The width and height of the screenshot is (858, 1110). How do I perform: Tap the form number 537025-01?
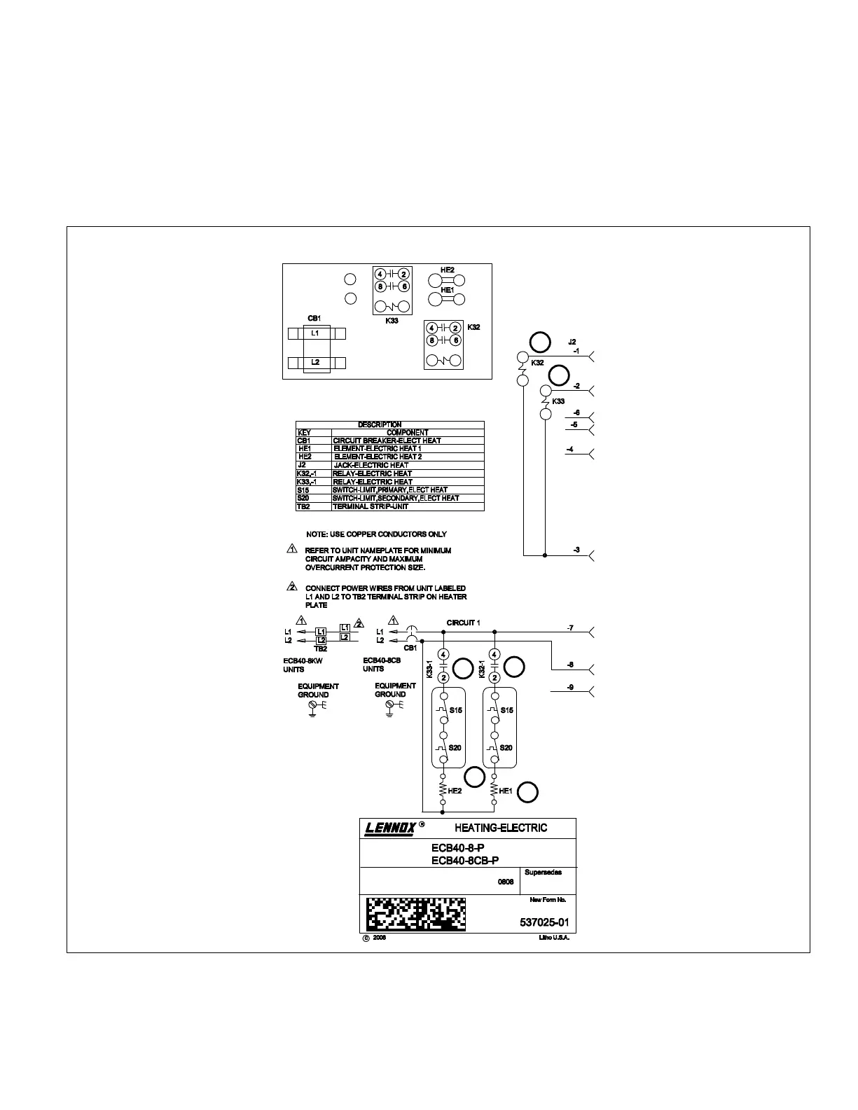(x=545, y=922)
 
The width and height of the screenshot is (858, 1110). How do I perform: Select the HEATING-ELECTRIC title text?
(x=501, y=828)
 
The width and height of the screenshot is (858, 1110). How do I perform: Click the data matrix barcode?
(x=415, y=914)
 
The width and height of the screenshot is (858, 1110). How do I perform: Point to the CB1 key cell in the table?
(x=304, y=440)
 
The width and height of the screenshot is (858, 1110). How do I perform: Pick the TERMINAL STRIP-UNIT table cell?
(x=371, y=506)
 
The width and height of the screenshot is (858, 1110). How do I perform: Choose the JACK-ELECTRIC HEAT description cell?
(x=371, y=465)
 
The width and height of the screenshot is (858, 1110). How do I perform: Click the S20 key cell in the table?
(x=303, y=498)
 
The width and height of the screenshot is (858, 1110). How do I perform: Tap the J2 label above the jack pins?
(x=572, y=342)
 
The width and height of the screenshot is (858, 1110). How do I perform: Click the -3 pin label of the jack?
(x=576, y=550)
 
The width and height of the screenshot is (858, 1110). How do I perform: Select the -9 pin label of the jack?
(x=570, y=688)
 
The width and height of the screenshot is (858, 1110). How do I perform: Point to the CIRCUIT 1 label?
(x=464, y=623)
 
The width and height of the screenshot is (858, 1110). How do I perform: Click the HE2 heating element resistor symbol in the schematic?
(x=443, y=790)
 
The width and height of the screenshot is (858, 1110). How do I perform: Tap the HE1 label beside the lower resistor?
(x=506, y=791)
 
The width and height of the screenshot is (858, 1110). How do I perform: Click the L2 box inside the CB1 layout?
(x=316, y=362)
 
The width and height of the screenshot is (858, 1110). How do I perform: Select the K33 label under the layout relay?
(x=392, y=320)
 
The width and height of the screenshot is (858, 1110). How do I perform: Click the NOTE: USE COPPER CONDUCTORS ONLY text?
(x=376, y=534)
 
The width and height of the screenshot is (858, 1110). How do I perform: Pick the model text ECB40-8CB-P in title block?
(x=465, y=861)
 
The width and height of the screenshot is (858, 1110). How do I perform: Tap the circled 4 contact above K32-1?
(x=495, y=655)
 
